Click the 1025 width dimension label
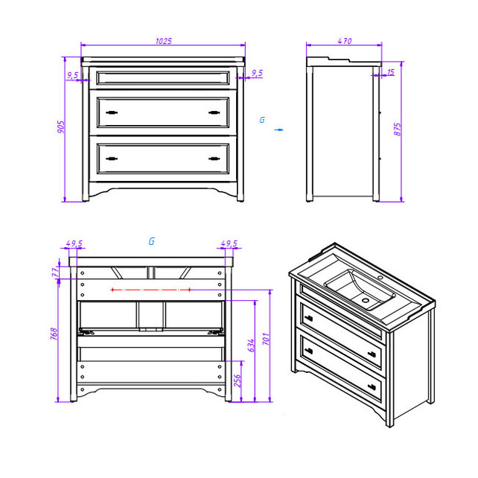click(x=164, y=41)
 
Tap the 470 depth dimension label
click(x=345, y=41)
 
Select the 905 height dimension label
click(x=61, y=127)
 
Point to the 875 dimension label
click(x=397, y=130)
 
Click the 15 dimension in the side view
click(x=390, y=72)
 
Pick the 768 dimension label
click(x=54, y=334)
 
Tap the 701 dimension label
click(x=266, y=339)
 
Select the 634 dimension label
click(x=251, y=345)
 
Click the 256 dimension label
click(x=238, y=380)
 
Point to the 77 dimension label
click(x=55, y=272)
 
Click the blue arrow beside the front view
click(x=278, y=130)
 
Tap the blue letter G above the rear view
click(x=151, y=241)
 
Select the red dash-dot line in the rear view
click(x=151, y=290)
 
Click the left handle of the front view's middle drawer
click(x=112, y=112)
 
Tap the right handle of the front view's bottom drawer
click(x=214, y=159)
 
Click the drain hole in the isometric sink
click(x=366, y=300)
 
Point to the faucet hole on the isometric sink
click(x=380, y=278)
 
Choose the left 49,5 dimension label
click(x=74, y=243)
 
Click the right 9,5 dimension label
click(x=257, y=73)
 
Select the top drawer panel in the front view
click(x=163, y=78)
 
